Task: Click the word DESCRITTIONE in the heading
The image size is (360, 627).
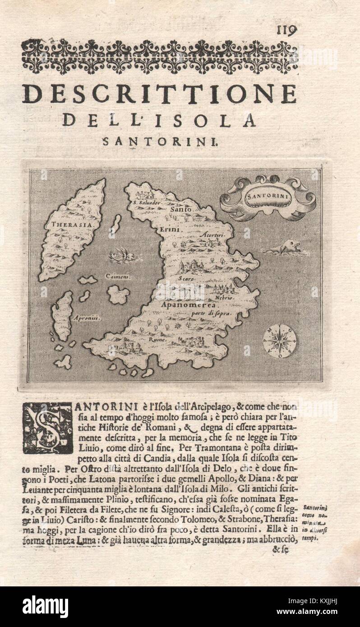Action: click(159, 94)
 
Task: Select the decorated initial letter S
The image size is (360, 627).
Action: click(48, 427)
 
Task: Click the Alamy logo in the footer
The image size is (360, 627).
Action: click(45, 606)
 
